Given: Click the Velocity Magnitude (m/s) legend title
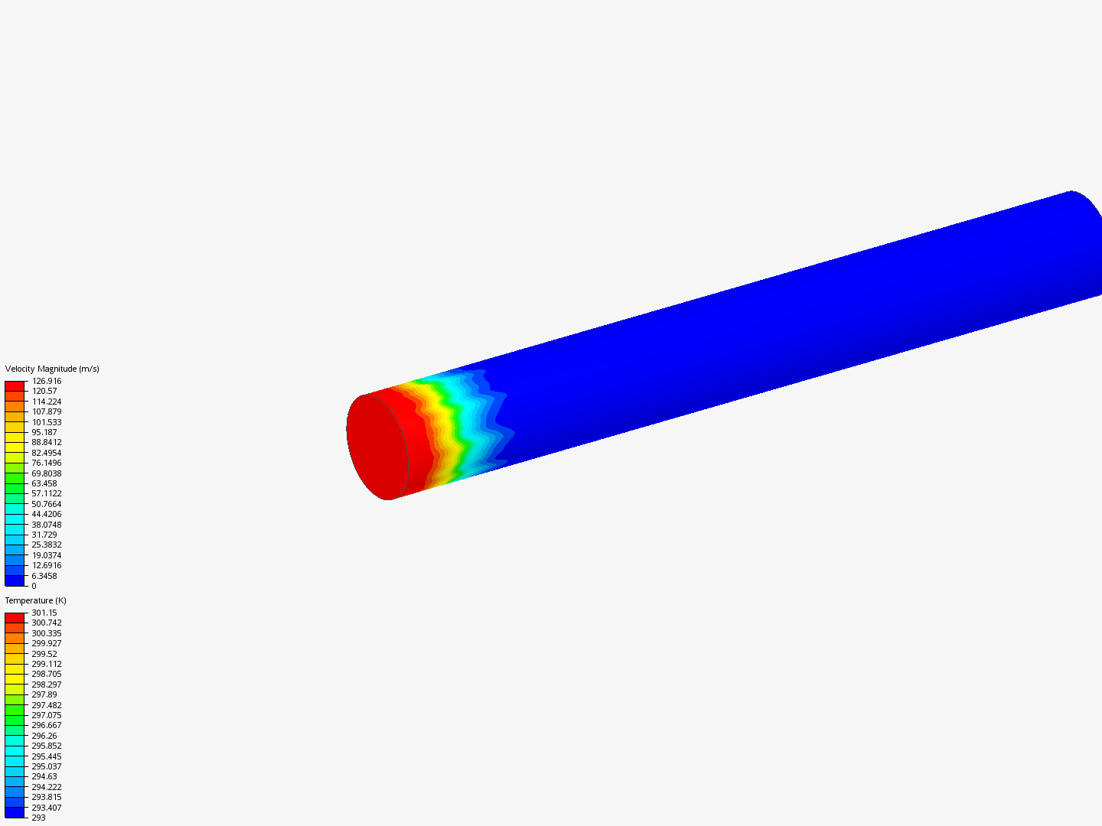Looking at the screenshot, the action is pyautogui.click(x=52, y=369).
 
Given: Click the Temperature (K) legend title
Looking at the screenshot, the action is pyautogui.click(x=36, y=600).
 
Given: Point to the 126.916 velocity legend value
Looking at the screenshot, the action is pyautogui.click(x=47, y=381).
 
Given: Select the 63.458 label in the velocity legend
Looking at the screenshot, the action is pyautogui.click(x=44, y=483).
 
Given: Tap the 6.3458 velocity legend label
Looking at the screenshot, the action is pyautogui.click(x=44, y=576).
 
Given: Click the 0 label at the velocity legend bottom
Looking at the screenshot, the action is pyautogui.click(x=34, y=586).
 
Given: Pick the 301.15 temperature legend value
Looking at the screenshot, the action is pyautogui.click(x=44, y=613).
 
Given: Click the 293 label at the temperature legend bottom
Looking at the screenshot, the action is pyautogui.click(x=39, y=818).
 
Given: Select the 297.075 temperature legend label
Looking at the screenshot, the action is pyautogui.click(x=47, y=715).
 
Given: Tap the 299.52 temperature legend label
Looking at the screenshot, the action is pyautogui.click(x=44, y=654).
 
